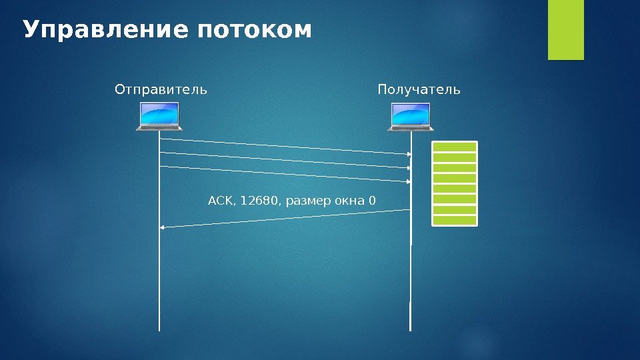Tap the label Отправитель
(x=161, y=89)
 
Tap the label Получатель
(x=419, y=89)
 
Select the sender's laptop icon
(x=159, y=117)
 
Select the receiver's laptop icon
(x=411, y=117)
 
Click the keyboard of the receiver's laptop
(x=411, y=127)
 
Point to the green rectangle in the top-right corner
(x=565, y=29)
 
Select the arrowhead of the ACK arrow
(x=162, y=228)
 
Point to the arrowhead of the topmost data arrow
(x=409, y=154)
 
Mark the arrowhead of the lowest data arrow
(x=409, y=181)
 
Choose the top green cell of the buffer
(x=455, y=147)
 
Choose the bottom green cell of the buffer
(x=455, y=220)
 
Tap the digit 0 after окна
(x=372, y=200)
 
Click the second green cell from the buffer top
(x=455, y=158)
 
